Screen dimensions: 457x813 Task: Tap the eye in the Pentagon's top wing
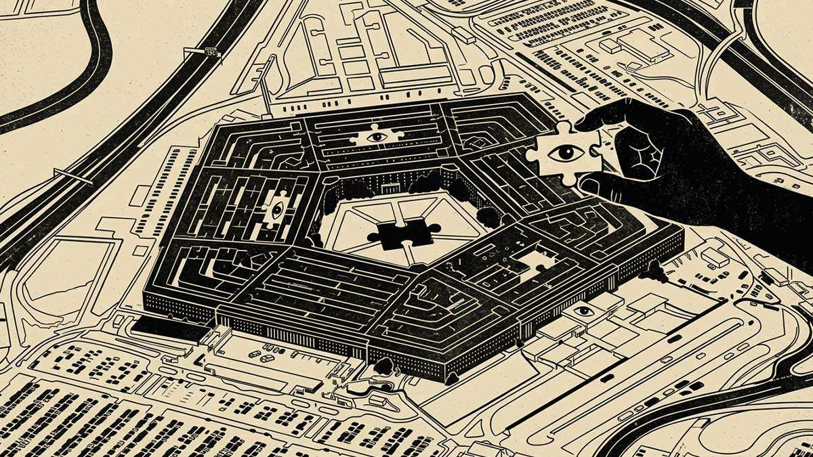pyautogui.click(x=377, y=136)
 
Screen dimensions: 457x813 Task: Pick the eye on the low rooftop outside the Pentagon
pyautogui.click(x=583, y=311)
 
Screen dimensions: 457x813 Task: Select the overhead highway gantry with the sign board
pyautogui.click(x=203, y=53)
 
